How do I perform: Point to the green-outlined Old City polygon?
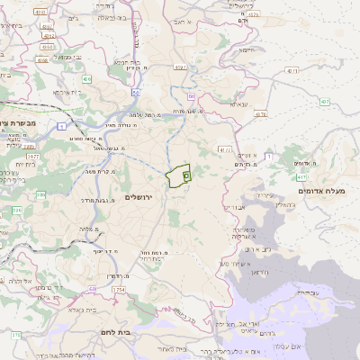pos(177,177)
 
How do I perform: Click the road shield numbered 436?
pos(86,80)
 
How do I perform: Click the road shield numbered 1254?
pos(119,290)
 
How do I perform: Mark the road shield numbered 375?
pos(16,335)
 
